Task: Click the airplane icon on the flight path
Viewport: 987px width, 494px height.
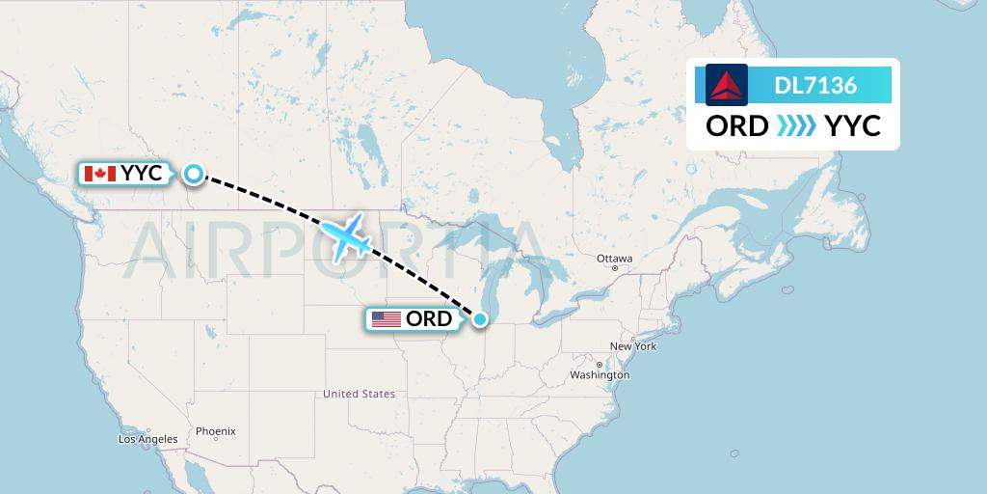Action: click(346, 236)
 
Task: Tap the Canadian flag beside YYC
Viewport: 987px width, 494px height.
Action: click(100, 174)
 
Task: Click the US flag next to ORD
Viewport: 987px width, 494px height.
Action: click(386, 319)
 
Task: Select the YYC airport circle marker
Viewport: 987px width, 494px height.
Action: click(194, 174)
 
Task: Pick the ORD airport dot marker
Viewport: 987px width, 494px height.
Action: click(479, 318)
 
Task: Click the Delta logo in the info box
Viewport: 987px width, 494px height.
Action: click(726, 85)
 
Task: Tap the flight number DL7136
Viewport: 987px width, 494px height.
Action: click(815, 86)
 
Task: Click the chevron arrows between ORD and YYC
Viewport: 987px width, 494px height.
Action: click(796, 126)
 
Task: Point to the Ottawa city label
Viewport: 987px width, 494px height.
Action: click(614, 259)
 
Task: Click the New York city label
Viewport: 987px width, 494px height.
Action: click(632, 345)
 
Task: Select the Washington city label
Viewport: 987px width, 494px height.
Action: click(600, 374)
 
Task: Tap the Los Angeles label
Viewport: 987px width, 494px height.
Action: click(147, 439)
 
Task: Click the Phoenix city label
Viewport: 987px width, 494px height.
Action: click(215, 431)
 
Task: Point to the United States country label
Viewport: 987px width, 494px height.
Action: click(359, 394)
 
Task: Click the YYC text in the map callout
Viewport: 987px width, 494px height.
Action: click(141, 174)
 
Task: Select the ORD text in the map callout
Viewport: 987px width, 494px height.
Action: click(428, 319)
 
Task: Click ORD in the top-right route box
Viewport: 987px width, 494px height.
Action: click(737, 126)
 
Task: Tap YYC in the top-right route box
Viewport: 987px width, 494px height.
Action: click(853, 126)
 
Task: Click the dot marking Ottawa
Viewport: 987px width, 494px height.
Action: click(614, 268)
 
